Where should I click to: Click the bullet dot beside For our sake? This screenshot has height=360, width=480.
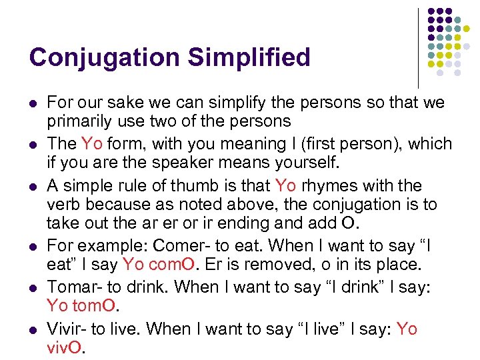(33, 104)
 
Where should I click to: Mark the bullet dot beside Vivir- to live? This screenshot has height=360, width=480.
(33, 329)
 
